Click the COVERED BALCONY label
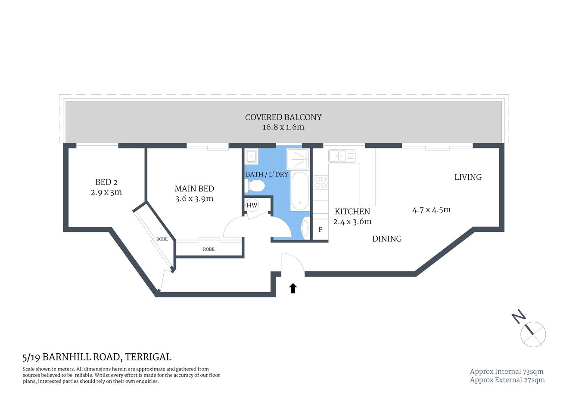coord(283,117)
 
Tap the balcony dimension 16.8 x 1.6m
coord(283,127)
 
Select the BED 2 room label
coord(106,182)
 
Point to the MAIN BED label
coord(194,188)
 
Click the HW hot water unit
coord(252,205)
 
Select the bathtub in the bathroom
coord(300,191)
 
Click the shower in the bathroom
coord(298,159)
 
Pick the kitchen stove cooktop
coord(321,182)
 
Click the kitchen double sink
coord(341,155)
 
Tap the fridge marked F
coord(320,230)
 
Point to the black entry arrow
coord(293,288)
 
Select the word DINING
coord(387,239)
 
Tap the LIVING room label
coord(468,177)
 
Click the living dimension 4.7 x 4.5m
coord(431,210)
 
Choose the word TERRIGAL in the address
coord(148,357)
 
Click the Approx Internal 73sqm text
coord(507,371)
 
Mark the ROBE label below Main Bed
coord(208,249)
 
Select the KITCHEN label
coord(352,211)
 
